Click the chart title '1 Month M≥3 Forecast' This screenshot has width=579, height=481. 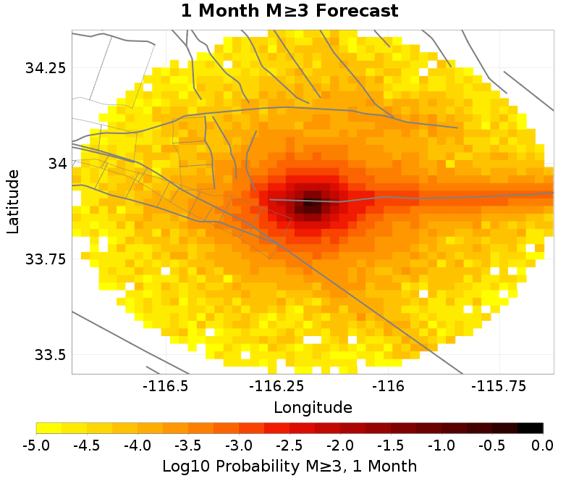[289, 11]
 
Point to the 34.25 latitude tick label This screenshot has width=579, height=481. [46, 68]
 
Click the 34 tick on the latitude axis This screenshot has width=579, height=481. [56, 164]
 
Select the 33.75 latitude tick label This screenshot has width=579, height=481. [46, 259]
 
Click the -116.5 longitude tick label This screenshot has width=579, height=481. [167, 386]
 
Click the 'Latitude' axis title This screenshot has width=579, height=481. [13, 201]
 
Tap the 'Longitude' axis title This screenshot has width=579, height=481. [313, 407]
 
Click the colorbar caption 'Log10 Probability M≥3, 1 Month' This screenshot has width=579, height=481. [289, 464]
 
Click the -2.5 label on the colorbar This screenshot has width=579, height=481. [289, 444]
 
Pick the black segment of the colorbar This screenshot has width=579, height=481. [530, 427]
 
